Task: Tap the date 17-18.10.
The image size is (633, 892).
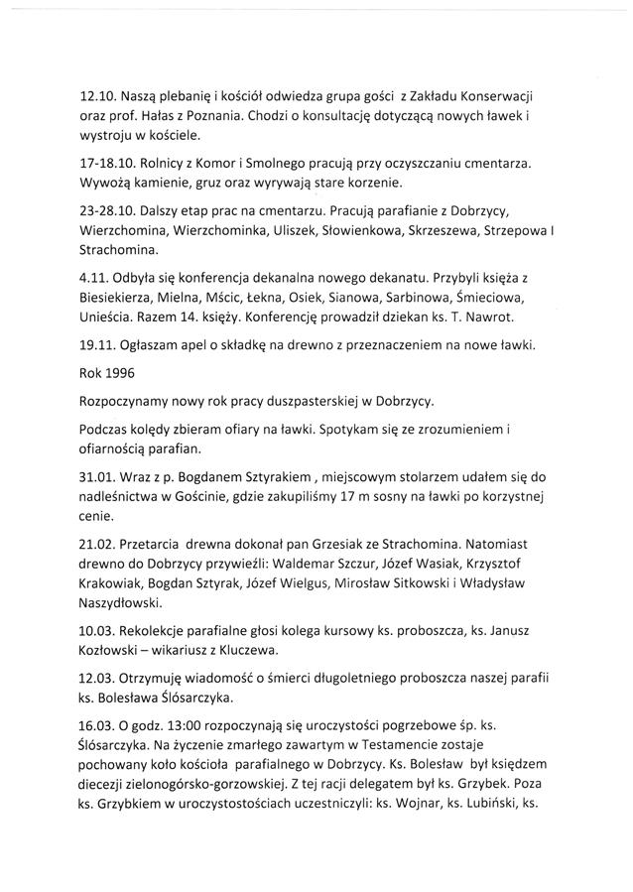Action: click(x=108, y=161)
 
